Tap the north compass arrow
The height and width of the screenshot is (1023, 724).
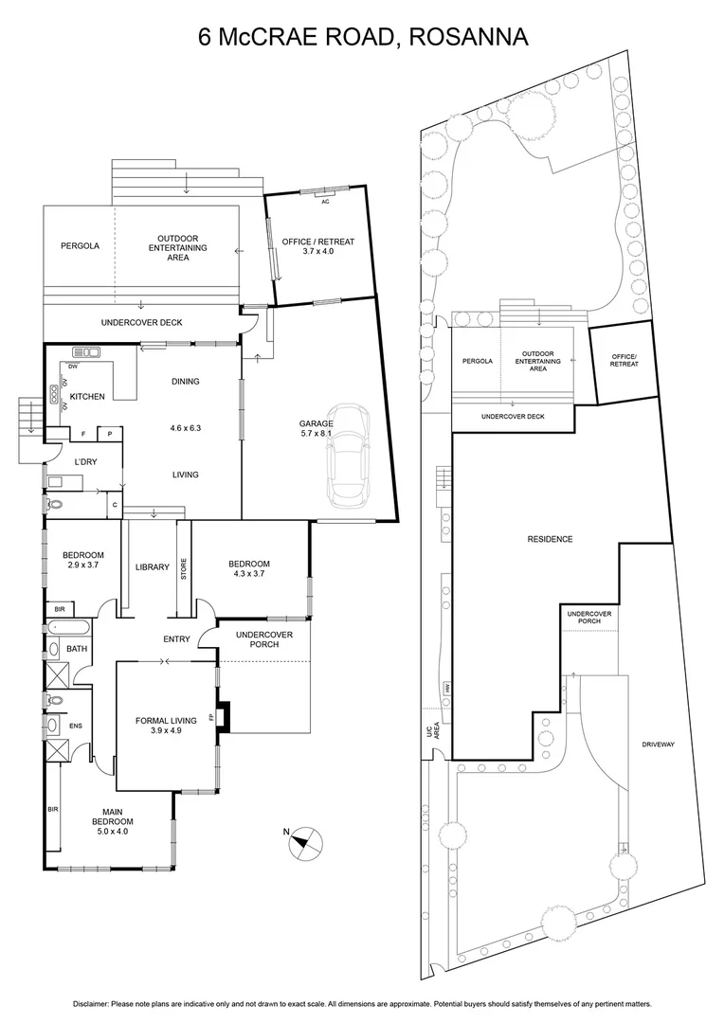tap(305, 840)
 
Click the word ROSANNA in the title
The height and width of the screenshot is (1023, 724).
tap(465, 37)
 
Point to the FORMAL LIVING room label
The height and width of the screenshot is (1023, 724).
tap(166, 726)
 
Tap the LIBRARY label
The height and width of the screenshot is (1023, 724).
tap(152, 567)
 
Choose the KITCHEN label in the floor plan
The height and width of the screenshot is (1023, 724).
tap(86, 396)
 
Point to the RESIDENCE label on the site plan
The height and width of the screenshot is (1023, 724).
tap(550, 540)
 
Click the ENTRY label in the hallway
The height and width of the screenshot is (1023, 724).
tap(176, 639)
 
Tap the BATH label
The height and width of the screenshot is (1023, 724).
tap(77, 649)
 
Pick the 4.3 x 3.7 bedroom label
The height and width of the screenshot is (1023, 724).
tap(250, 569)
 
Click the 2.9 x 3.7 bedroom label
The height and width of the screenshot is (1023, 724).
tap(82, 560)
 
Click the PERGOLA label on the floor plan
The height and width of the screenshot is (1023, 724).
tap(80, 246)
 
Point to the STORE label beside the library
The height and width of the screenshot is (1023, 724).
tap(184, 569)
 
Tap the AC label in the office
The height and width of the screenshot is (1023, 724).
tap(325, 202)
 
